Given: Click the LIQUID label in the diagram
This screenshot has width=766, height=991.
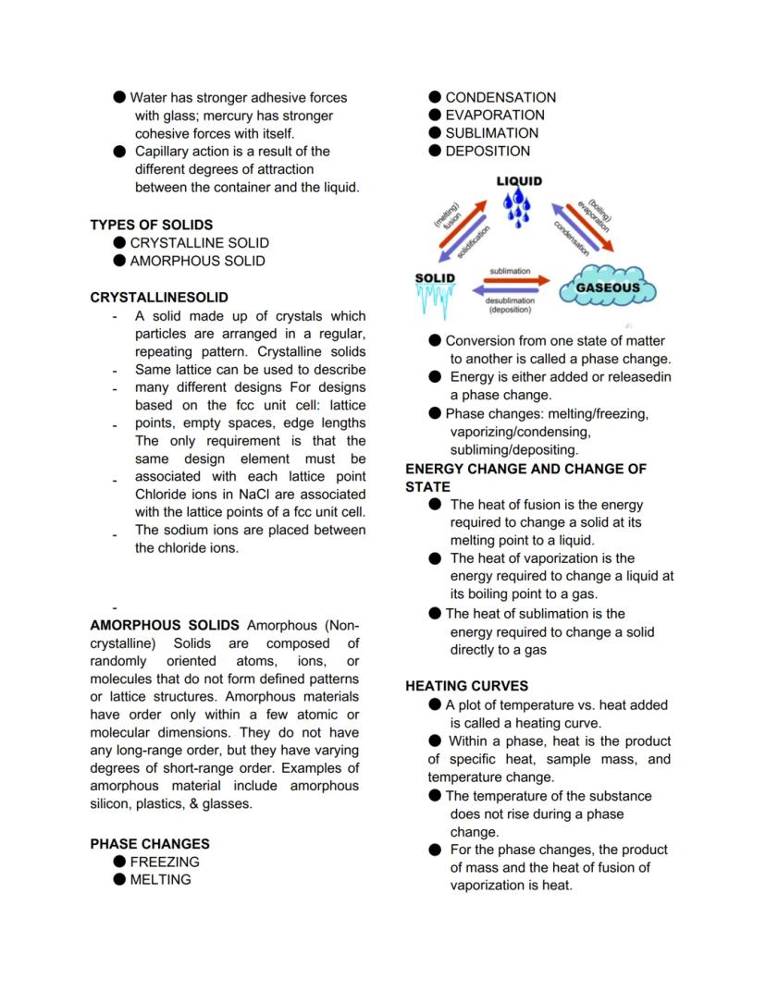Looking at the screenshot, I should [519, 181].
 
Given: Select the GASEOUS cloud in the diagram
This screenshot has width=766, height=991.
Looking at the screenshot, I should [608, 287].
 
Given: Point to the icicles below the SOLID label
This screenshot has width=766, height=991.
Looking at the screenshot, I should [436, 300].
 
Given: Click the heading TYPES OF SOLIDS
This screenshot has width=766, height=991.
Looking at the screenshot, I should [151, 225].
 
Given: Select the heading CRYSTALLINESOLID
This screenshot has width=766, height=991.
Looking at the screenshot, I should [159, 298].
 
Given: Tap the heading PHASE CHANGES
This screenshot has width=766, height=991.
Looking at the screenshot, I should [150, 844].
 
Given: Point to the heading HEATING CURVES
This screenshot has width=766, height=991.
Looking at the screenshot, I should [467, 686].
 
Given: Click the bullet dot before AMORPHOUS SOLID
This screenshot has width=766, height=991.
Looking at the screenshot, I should [119, 261].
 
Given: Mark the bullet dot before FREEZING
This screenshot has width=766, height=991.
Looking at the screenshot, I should [119, 862].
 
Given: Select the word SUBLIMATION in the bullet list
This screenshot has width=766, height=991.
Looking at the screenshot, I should [491, 133].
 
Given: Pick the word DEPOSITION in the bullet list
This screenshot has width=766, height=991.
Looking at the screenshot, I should [488, 151].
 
